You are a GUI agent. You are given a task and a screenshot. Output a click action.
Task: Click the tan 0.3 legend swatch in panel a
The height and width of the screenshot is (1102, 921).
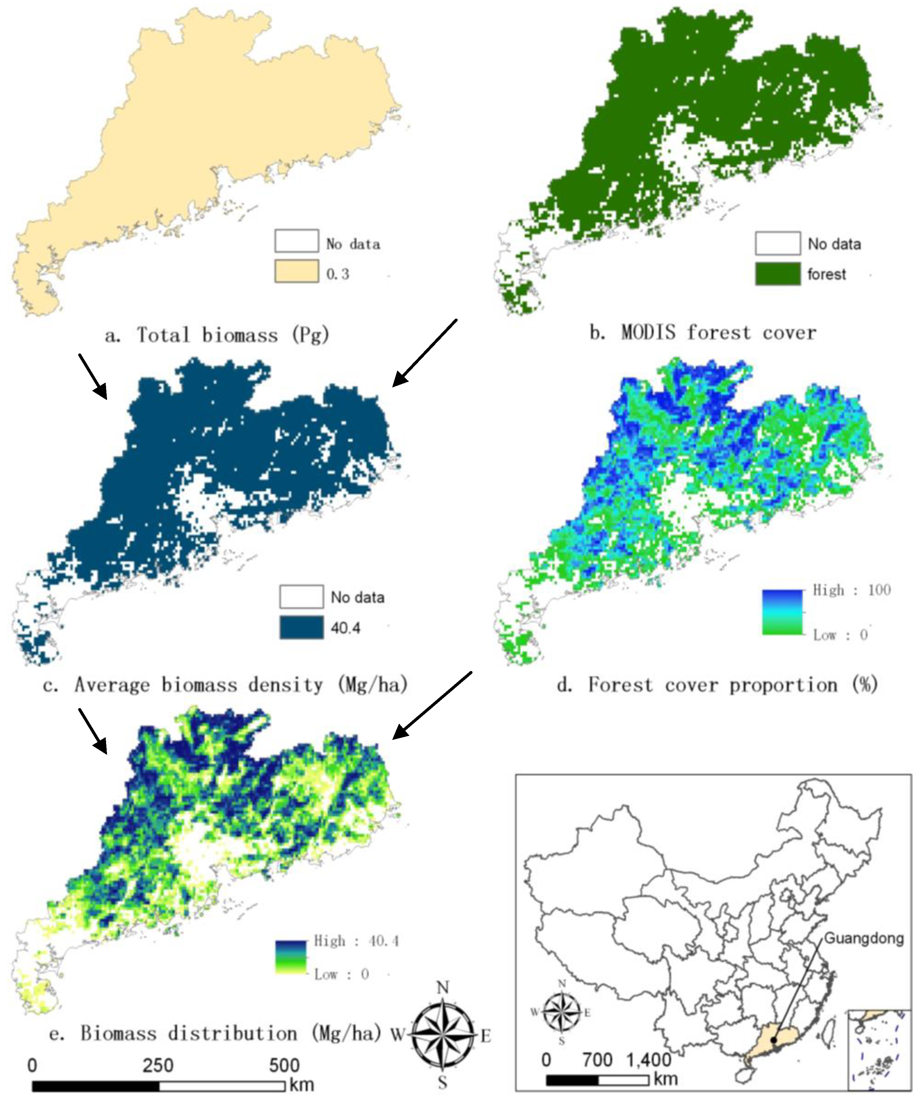[x=296, y=271]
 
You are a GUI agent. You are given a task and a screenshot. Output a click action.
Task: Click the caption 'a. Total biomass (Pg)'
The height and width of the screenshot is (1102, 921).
[x=217, y=335]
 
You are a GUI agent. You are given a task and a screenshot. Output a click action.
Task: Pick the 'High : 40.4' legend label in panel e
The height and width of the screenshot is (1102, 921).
[x=356, y=941]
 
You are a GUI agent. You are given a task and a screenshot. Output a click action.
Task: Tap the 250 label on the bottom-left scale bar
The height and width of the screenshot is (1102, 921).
[x=157, y=1066]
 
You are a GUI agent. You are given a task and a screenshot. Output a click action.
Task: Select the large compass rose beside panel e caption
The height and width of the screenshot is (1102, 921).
[x=443, y=1035]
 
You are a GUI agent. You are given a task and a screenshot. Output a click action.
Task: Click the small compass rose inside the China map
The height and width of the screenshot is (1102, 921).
[x=562, y=1012]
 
